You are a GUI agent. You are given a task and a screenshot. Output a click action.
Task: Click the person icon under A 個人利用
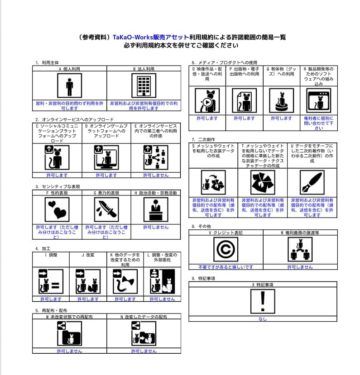[x=69, y=85]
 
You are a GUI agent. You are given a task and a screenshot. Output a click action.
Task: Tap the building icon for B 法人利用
[x=144, y=85]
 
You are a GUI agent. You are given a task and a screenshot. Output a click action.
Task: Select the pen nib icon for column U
[x=312, y=182]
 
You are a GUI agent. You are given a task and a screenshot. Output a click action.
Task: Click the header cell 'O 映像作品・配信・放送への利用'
[x=207, y=74]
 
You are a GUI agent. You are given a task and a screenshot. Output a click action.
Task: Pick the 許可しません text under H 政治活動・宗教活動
[x=156, y=227]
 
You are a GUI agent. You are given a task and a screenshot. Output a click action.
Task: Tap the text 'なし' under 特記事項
[x=263, y=319]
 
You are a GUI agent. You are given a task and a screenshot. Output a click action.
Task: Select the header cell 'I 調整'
[x=51, y=255]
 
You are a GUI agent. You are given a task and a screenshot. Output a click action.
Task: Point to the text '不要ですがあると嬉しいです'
[x=225, y=267]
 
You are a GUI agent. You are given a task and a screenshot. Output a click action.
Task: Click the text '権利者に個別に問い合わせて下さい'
[x=319, y=123]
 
